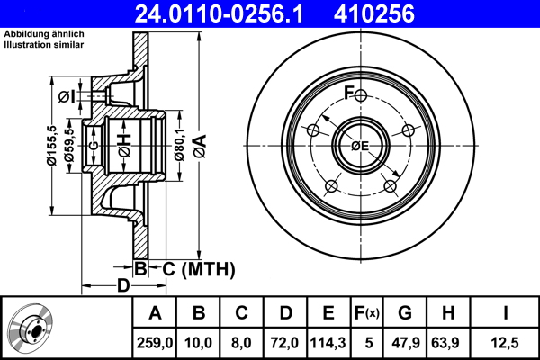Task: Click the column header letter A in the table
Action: point(155,313)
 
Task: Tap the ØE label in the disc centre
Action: point(360,146)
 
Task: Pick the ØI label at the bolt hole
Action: point(65,97)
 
